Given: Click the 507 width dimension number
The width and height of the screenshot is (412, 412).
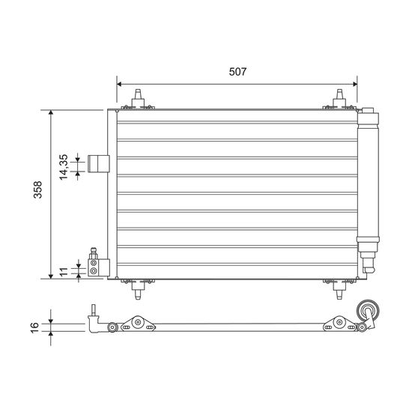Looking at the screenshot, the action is [x=237, y=71].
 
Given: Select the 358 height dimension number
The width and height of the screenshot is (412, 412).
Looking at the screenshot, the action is [x=37, y=190].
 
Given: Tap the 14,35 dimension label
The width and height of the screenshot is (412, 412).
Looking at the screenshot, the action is [x=64, y=167].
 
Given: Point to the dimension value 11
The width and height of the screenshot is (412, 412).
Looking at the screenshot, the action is [x=64, y=272].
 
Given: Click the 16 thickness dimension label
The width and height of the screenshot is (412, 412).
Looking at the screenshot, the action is [x=34, y=327].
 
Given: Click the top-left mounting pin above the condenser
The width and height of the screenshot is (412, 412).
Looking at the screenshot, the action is [x=138, y=100].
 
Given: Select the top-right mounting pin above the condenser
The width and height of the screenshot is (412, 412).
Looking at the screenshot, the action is [x=339, y=100].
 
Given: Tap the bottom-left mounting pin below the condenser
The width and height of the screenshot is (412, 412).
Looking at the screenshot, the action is [x=138, y=289].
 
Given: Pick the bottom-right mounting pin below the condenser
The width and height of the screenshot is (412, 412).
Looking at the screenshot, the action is [x=339, y=289].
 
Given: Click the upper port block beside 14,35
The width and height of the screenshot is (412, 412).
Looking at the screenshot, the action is [x=99, y=164].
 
